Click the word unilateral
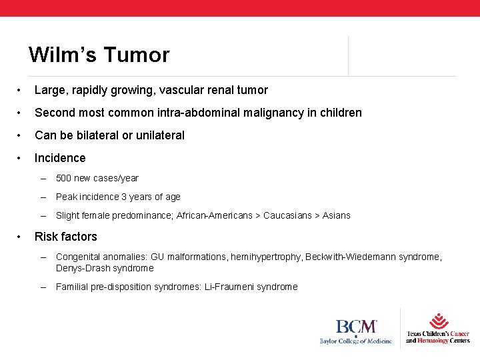click(x=159, y=135)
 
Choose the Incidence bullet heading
click(x=60, y=158)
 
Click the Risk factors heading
click(x=65, y=237)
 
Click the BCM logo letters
click(x=356, y=327)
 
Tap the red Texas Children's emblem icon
click(x=438, y=321)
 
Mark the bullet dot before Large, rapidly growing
click(x=21, y=90)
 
